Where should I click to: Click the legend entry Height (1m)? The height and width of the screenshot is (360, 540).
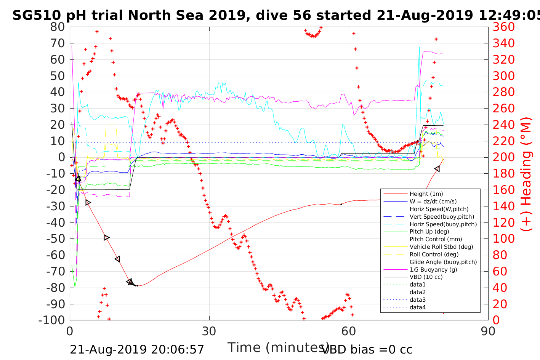pyautogui.click(x=426, y=194)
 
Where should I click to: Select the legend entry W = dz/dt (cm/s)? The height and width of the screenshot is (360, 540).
pyautogui.click(x=433, y=202)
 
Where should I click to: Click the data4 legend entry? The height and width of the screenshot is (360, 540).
pyautogui.click(x=417, y=307)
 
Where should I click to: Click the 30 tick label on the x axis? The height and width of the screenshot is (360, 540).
pyautogui.click(x=209, y=331)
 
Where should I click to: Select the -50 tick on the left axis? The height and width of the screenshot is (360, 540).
pyautogui.click(x=56, y=239)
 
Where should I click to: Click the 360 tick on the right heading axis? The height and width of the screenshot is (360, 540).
pyautogui.click(x=504, y=27)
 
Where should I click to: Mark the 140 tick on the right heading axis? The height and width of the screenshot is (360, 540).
pyautogui.click(x=504, y=206)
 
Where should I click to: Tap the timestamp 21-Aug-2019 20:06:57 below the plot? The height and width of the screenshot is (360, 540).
pyautogui.click(x=137, y=349)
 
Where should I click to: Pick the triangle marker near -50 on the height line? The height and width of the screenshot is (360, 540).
pyautogui.click(x=107, y=238)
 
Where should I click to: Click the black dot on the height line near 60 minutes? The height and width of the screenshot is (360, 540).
pyautogui.click(x=341, y=205)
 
